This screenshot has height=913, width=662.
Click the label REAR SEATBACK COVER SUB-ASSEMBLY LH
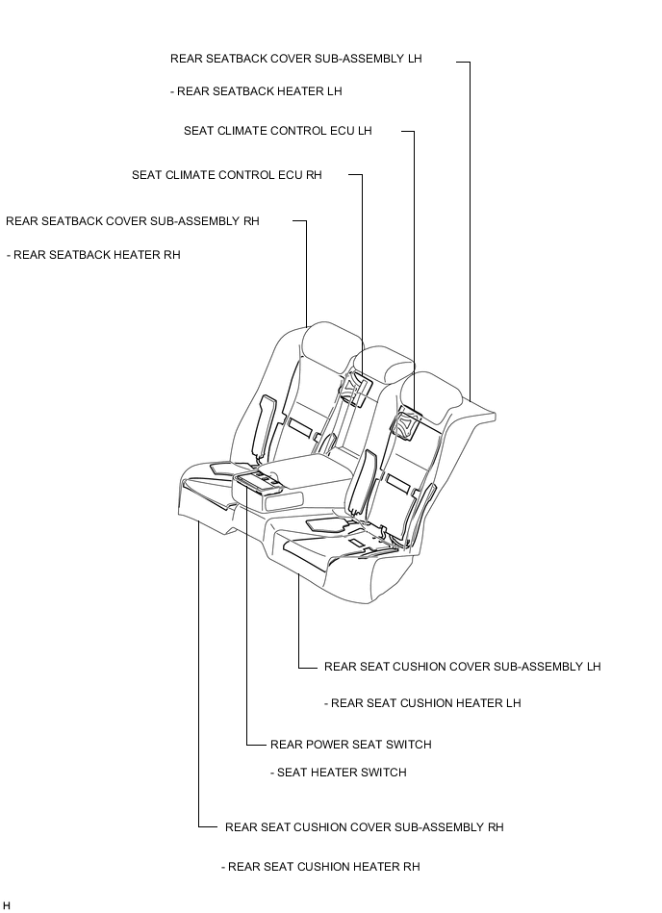point(295,59)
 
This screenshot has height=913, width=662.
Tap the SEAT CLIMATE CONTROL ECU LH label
point(278,131)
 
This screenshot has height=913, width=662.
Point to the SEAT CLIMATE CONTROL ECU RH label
point(226,175)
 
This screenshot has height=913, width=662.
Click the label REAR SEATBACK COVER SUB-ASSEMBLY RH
point(133,221)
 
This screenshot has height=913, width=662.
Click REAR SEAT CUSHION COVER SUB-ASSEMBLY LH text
point(462,667)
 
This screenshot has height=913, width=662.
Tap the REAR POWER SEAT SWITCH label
point(351,745)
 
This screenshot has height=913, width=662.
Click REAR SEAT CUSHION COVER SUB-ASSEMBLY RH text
point(365,827)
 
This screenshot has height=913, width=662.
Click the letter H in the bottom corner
point(7,906)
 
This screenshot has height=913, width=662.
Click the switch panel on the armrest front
point(257,482)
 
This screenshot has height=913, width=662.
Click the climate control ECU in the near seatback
point(409,425)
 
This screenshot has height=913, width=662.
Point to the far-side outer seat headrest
point(329,344)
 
